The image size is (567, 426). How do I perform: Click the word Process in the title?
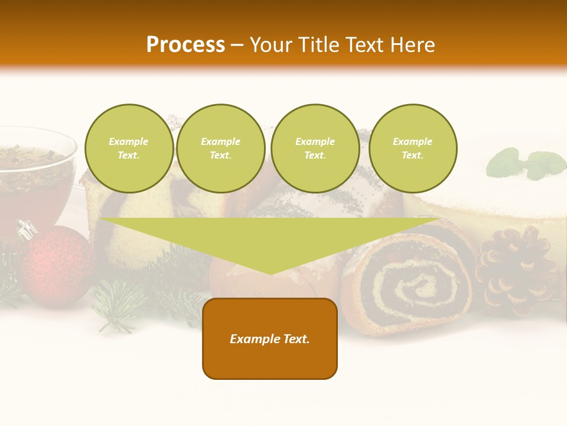pos(185,45)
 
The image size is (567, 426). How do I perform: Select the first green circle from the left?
pos(129,149)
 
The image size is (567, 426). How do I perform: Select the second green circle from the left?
pos(220,149)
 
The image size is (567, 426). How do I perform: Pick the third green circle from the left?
pos(315,149)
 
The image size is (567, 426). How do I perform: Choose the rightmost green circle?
pos(412,149)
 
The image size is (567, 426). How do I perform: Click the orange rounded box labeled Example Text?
pos(270,338)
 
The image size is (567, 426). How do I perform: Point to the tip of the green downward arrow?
pos(270,273)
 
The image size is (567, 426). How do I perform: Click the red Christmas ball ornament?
pos(56,266)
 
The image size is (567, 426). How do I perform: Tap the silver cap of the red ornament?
pos(26,230)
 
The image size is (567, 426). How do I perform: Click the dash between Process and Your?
pos(237,45)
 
